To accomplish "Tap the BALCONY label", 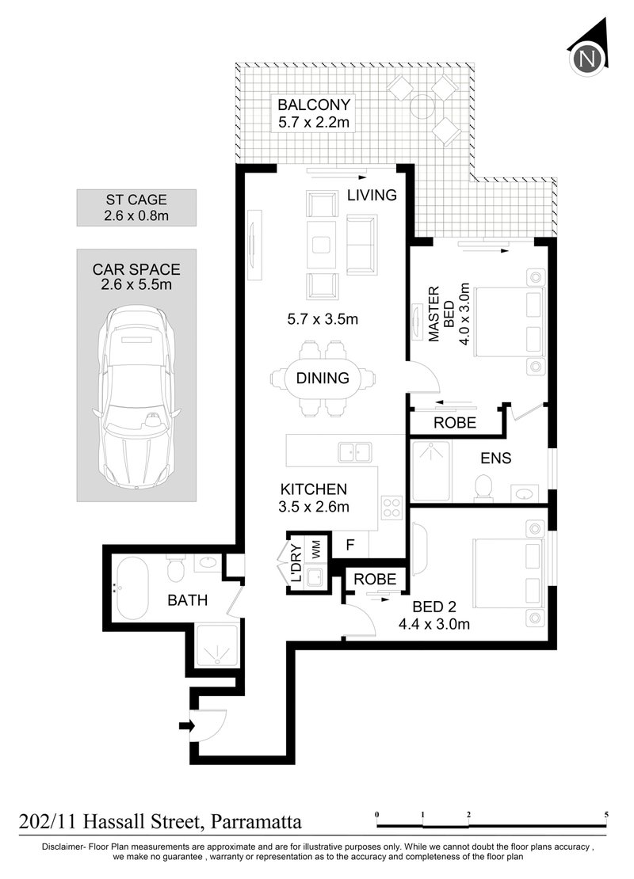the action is [314, 105].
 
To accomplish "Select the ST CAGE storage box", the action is [136, 207].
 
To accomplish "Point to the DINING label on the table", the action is [323, 379].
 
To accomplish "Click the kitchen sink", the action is [354, 452].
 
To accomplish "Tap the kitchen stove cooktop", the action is [391, 507].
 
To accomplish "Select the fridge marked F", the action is [350, 544].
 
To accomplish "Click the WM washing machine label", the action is [316, 549].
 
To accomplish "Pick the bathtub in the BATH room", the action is [133, 588].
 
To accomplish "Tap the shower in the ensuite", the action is [431, 471].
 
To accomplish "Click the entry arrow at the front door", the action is [186, 726].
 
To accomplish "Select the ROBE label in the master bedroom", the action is [454, 423].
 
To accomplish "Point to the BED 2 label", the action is [433, 607].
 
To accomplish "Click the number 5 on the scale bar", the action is [606, 815].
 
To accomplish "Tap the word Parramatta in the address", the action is [256, 822].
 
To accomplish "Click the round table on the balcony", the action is [422, 105].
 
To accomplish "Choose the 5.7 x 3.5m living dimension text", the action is [323, 320].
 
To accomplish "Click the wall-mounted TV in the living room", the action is [254, 244].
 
